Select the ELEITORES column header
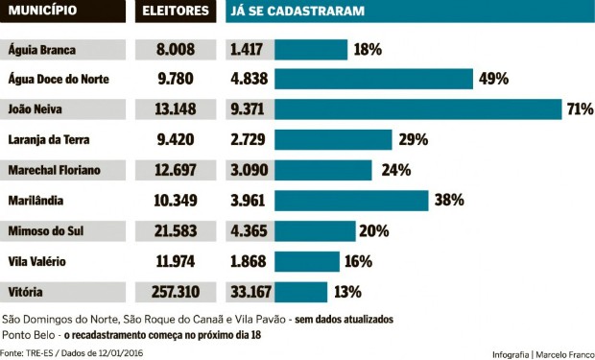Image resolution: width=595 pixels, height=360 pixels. [176, 12]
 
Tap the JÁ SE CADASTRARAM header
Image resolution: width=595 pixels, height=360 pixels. [289, 12]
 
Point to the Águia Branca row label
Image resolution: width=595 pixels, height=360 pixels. [43, 49]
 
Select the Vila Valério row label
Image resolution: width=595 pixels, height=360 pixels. [37, 261]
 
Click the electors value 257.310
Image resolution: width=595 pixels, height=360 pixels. [176, 292]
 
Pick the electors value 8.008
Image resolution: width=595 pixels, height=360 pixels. [176, 49]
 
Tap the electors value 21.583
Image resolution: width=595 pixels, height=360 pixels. [176, 230]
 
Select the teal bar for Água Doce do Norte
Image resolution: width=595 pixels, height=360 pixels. [375, 79]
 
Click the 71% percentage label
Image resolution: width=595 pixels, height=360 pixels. [580, 109]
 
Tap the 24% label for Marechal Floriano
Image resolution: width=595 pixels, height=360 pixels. [396, 170]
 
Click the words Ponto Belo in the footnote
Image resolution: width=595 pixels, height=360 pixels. [29, 335]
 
